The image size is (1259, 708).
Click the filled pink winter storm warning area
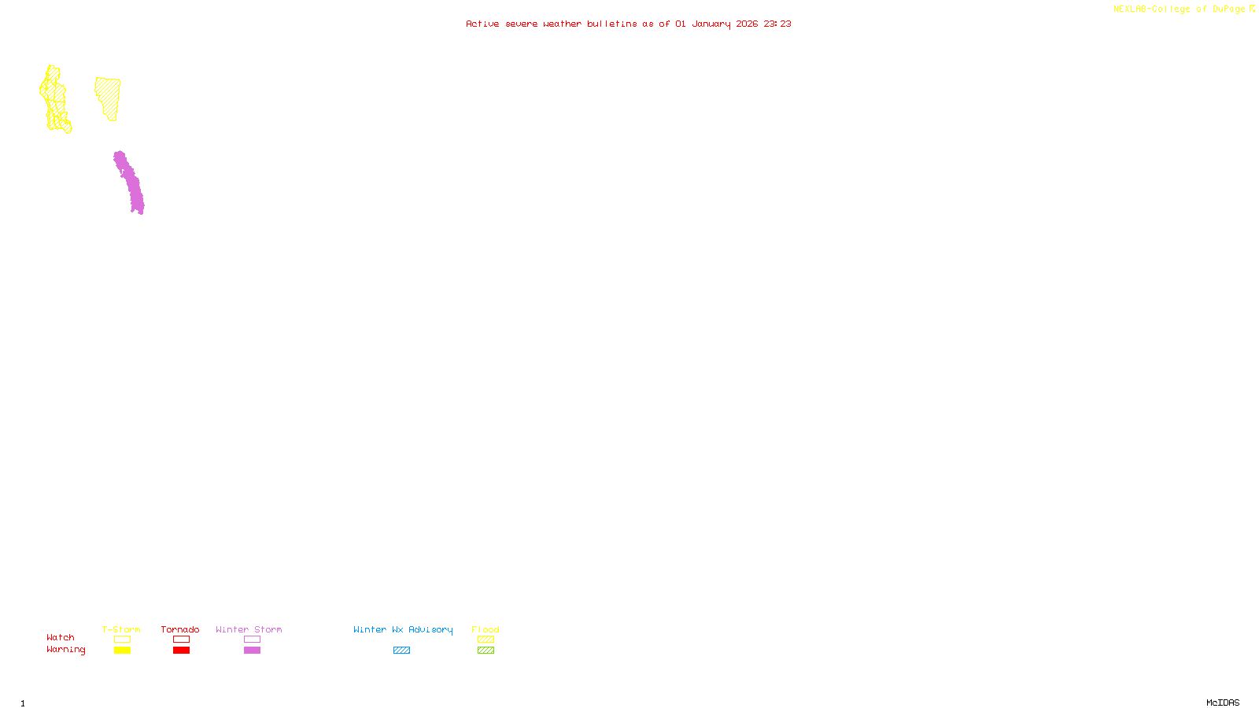(x=129, y=183)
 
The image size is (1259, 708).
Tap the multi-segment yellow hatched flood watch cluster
(x=55, y=100)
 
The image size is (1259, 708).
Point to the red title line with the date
(x=628, y=24)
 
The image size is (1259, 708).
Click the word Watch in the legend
(x=61, y=637)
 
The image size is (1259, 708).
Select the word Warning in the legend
(x=65, y=650)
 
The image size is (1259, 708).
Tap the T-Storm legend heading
(x=121, y=629)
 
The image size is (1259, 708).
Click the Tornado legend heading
(x=180, y=629)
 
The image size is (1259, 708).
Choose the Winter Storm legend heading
(x=249, y=629)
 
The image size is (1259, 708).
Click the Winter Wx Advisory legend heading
(x=403, y=629)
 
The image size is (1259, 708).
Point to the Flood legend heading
(x=486, y=629)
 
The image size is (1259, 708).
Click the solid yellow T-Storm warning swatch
(x=122, y=651)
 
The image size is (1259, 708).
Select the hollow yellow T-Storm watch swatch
(x=122, y=640)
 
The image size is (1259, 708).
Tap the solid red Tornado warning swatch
(x=181, y=651)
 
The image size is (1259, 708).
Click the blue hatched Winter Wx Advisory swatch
(x=401, y=651)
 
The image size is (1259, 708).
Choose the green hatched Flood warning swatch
(x=486, y=651)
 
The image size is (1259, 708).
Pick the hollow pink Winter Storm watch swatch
(x=252, y=640)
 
